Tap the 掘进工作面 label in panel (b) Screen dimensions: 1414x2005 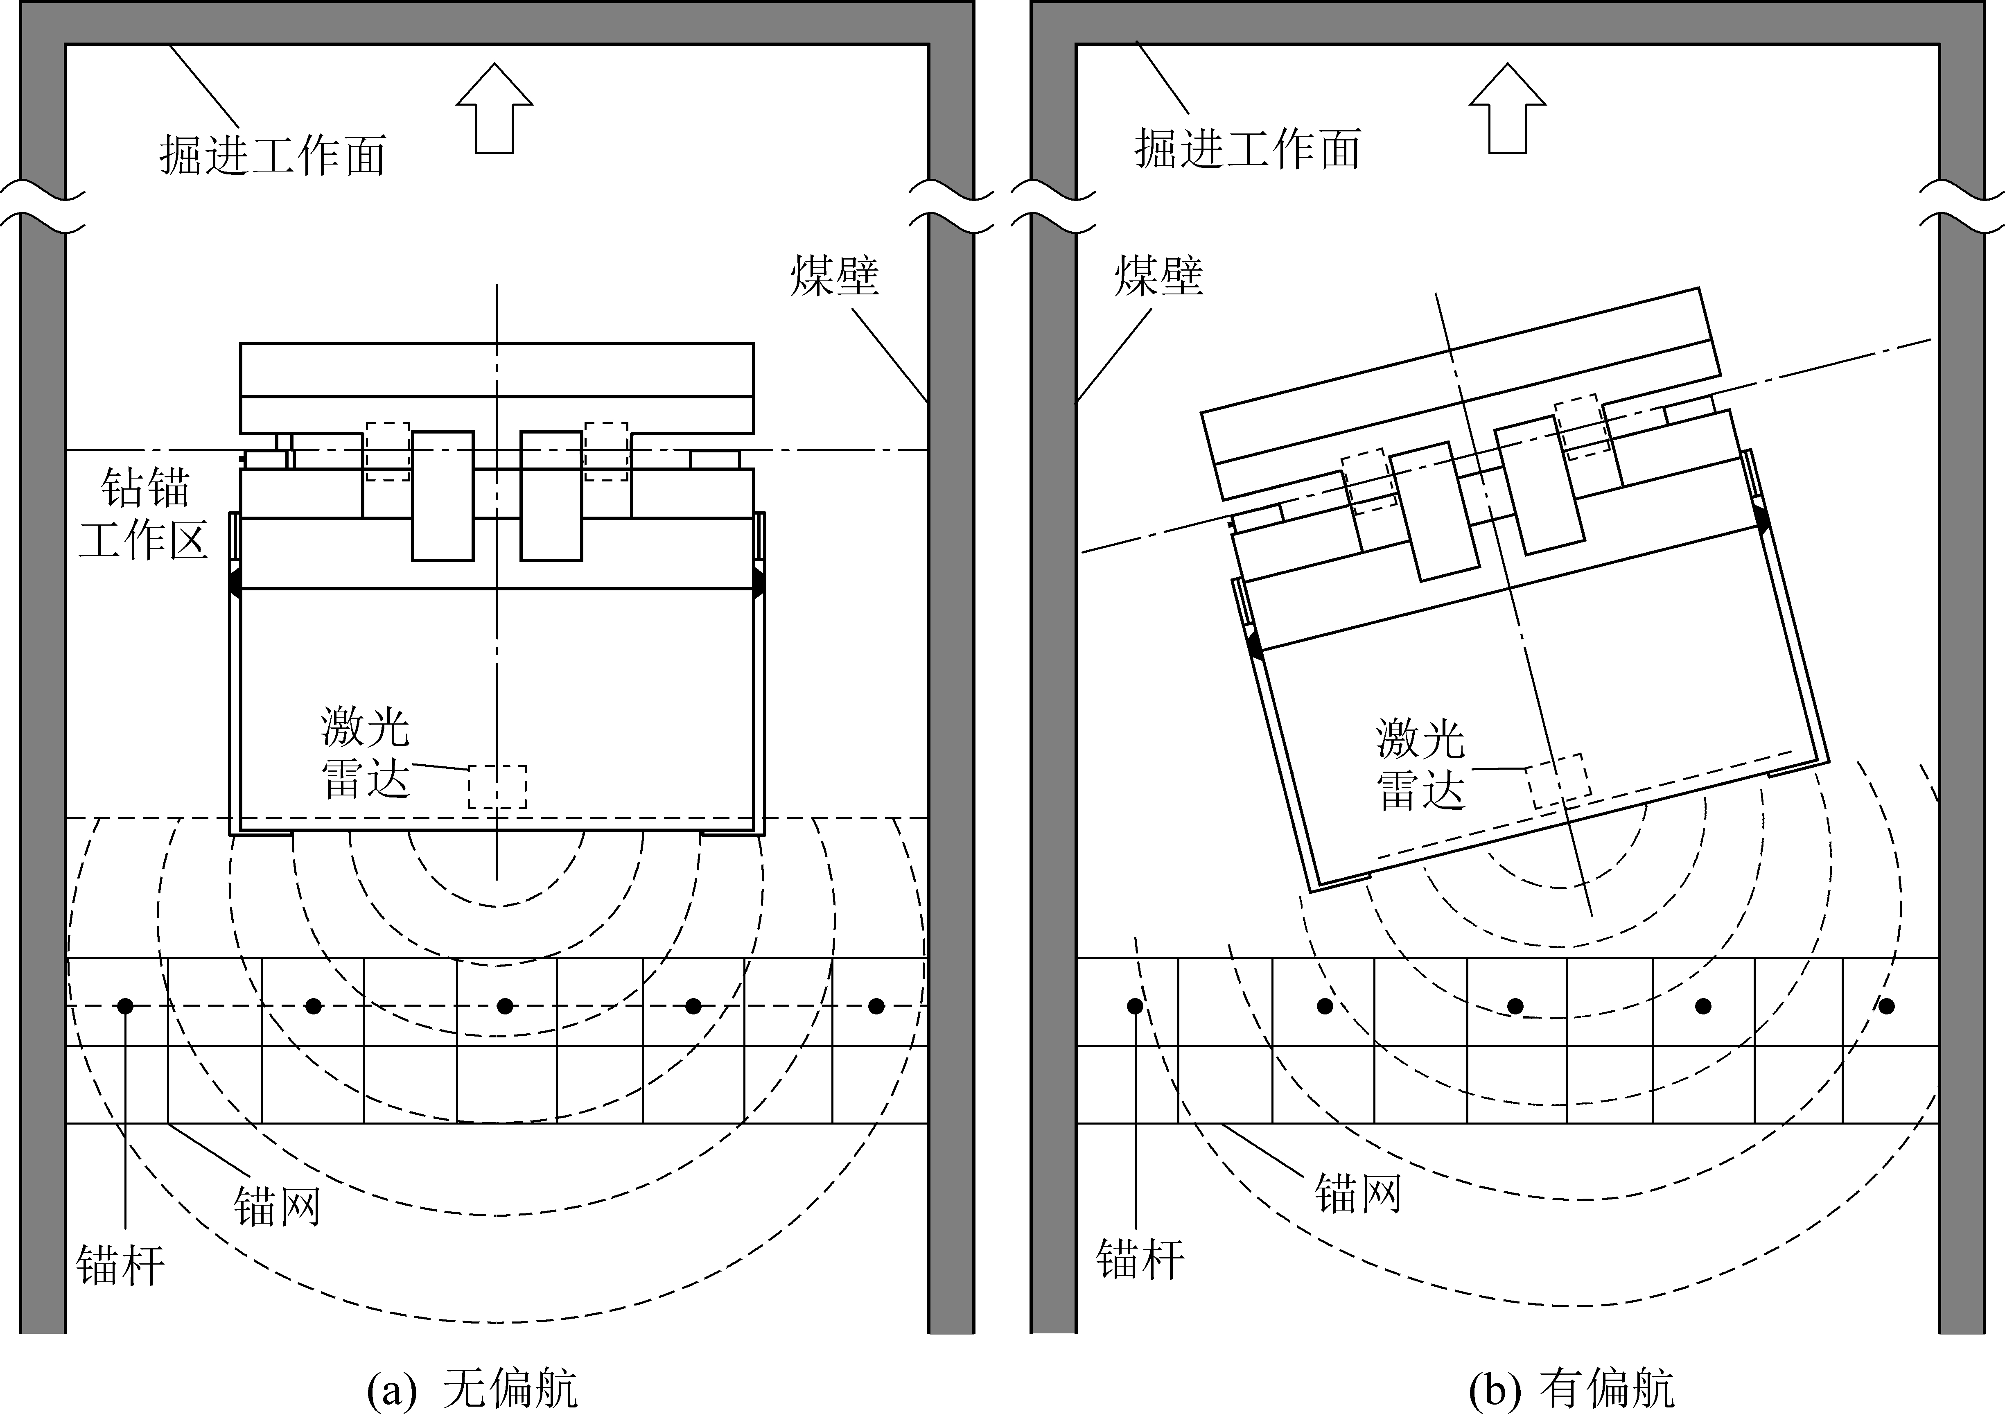(1247, 149)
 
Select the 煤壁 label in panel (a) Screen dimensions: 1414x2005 (834, 276)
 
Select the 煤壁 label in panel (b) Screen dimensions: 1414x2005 (1158, 276)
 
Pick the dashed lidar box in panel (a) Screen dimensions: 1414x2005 (497, 787)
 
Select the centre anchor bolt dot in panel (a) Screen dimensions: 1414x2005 (505, 1006)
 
